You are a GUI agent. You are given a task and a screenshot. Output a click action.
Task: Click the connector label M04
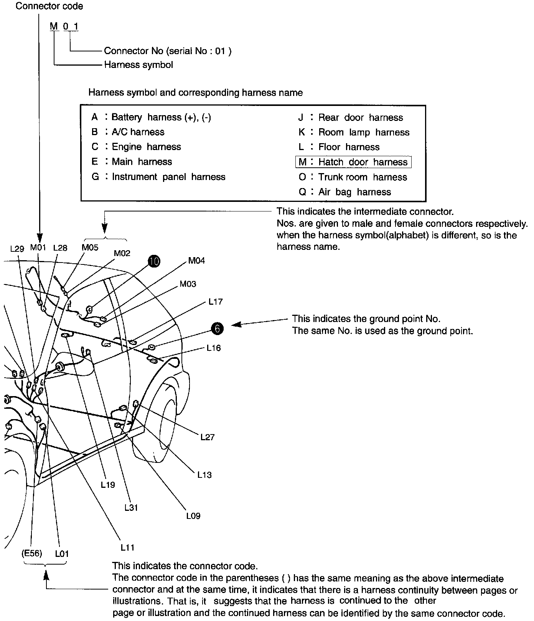[196, 261]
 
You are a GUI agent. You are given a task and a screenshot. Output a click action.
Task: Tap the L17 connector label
[216, 302]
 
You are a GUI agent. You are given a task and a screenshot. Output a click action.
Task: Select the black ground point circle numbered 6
[217, 329]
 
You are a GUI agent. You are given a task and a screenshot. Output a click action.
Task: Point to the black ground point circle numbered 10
[155, 261]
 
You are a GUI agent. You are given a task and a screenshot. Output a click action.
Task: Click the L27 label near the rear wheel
[208, 437]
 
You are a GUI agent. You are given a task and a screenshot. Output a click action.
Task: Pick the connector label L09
[193, 516]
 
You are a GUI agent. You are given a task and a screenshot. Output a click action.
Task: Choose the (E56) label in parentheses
[32, 553]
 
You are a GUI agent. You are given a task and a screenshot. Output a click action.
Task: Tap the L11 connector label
[127, 548]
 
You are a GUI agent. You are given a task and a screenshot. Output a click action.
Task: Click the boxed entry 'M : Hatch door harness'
[353, 162]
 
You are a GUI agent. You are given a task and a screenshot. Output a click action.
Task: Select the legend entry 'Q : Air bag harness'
[344, 192]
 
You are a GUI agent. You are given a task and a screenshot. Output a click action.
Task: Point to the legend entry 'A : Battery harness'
[151, 117]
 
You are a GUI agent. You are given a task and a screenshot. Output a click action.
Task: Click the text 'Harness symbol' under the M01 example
[138, 65]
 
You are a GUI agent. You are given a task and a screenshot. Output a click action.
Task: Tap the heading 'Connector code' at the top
[49, 6]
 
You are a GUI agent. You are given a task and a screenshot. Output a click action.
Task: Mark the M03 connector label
[188, 284]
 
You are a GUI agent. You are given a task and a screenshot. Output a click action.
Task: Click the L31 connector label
[131, 507]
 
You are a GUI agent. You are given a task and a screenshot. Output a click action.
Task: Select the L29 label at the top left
[17, 248]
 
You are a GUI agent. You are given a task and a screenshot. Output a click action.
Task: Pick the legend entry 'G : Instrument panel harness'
[158, 177]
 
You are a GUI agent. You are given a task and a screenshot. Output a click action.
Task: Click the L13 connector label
[204, 475]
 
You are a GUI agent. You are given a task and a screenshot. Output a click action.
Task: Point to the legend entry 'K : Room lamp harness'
[354, 132]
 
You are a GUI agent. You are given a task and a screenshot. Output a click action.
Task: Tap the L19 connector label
[108, 485]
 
